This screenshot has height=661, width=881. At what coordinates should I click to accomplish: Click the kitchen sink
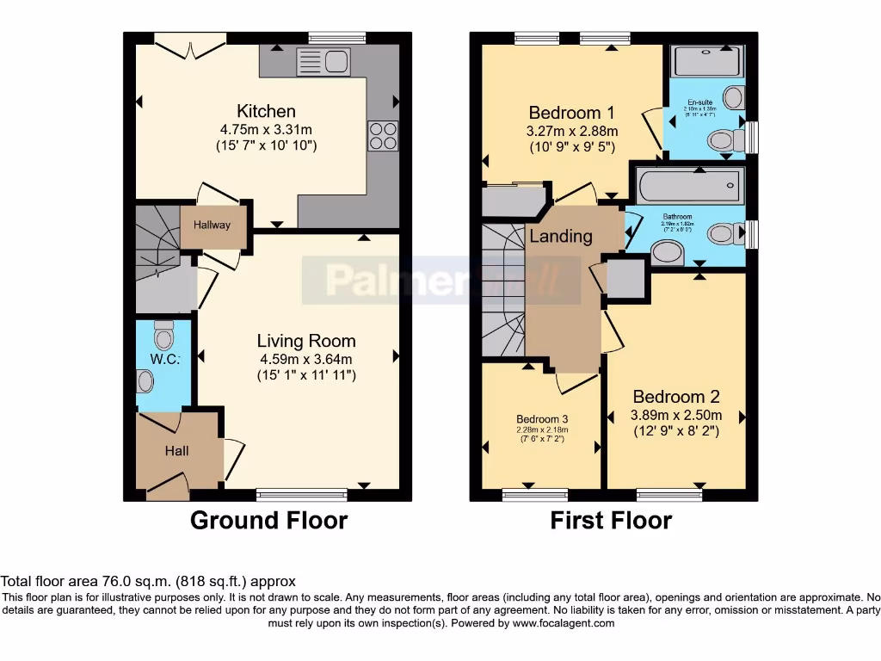pos(321,61)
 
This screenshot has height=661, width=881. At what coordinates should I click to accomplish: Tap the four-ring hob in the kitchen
pos(383,136)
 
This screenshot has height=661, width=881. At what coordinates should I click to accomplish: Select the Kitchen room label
pos(266,111)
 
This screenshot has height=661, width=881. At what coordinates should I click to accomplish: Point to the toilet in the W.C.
pos(163,334)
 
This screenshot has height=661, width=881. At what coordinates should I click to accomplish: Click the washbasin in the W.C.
pos(145,380)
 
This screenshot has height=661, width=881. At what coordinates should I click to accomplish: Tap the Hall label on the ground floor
pos(176,451)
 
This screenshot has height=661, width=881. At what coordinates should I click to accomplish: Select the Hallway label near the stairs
pos(212,225)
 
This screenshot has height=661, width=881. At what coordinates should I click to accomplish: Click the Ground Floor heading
pos(268,521)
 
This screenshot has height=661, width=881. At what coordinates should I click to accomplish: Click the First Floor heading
pos(611,521)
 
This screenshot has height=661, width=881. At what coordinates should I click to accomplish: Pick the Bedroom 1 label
pos(571,113)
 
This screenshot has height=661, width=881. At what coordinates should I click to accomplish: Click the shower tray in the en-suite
pos(707,61)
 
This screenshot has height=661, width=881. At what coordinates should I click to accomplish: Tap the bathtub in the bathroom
pos(689,184)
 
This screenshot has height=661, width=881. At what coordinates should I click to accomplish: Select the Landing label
pos(560,236)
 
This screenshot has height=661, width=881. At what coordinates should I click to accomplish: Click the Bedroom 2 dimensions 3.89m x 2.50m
pos(675,415)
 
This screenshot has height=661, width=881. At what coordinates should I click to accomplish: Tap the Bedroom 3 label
pos(541,419)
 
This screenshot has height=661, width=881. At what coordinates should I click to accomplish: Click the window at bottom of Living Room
pos(301,494)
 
